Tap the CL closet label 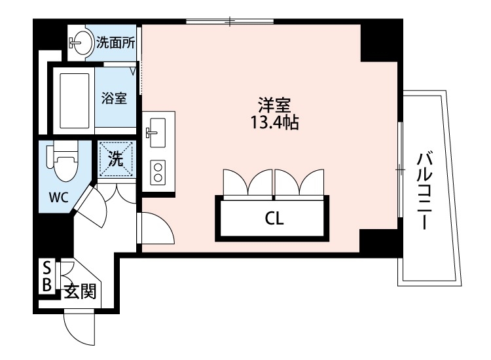[x=274, y=219]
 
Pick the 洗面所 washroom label [x=116, y=44]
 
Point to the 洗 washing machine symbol [x=116, y=158]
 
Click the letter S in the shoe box [x=47, y=267]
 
